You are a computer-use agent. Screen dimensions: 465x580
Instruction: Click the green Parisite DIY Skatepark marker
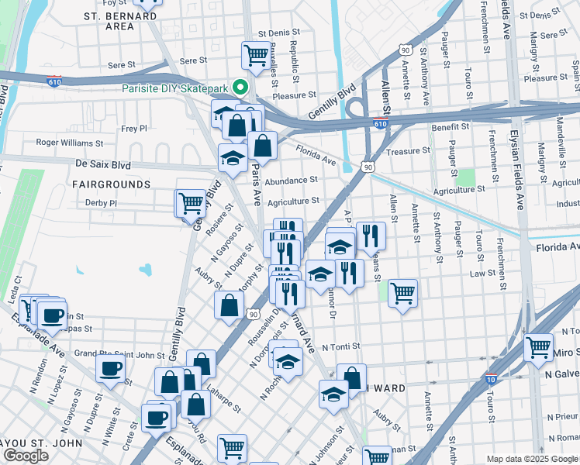point(240,88)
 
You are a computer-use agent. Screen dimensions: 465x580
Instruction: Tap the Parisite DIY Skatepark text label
point(178,88)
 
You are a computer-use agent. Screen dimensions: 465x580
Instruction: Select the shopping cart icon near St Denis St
point(255,55)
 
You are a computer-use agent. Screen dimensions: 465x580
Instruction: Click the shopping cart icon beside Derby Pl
point(190,203)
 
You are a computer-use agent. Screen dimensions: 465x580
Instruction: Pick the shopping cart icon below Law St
point(402,293)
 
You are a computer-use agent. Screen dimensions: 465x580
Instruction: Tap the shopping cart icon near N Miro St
point(538,348)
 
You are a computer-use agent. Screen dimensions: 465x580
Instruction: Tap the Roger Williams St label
point(69,143)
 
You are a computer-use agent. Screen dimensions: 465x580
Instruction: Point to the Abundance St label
point(291,180)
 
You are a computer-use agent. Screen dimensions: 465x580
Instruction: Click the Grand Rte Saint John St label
point(119,355)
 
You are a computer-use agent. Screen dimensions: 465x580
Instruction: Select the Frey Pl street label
point(133,129)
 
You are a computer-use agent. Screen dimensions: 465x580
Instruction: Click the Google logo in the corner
point(26,456)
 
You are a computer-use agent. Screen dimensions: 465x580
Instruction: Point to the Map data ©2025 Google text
point(532,459)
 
